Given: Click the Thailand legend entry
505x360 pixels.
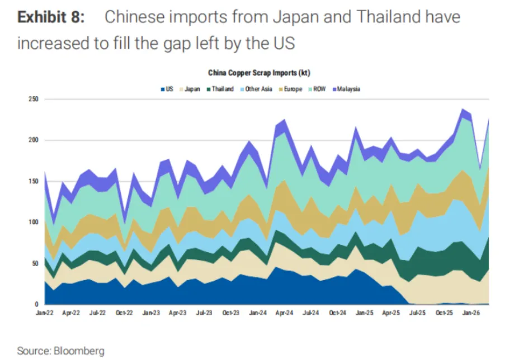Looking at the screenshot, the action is pyautogui.click(x=220, y=89).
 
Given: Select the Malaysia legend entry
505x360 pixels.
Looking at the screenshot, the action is pyautogui.click(x=346, y=89).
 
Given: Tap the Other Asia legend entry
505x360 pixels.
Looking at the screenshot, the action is pyautogui.click(x=256, y=89).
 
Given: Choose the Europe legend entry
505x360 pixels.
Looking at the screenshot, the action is pyautogui.click(x=290, y=89).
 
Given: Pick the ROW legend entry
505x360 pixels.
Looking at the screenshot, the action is pyautogui.click(x=317, y=89).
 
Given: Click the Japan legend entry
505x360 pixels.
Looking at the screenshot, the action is pyautogui.click(x=190, y=89).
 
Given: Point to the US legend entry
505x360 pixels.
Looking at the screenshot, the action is pyautogui.click(x=167, y=89).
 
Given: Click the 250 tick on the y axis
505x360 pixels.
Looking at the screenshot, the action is pyautogui.click(x=34, y=99).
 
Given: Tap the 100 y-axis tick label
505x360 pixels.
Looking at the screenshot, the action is pyautogui.click(x=34, y=222).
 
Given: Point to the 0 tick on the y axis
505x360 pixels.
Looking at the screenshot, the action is pyautogui.click(x=36, y=304).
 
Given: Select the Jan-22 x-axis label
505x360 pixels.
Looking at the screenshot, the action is pyautogui.click(x=44, y=312).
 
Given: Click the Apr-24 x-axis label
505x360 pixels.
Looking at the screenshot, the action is pyautogui.click(x=285, y=312).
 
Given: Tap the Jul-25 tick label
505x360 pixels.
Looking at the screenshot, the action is pyautogui.click(x=417, y=312).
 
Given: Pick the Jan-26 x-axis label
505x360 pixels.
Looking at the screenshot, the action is pyautogui.click(x=471, y=312).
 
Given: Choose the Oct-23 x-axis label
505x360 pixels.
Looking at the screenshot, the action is pyautogui.click(x=231, y=312).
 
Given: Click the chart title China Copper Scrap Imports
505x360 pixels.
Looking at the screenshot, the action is pyautogui.click(x=259, y=73).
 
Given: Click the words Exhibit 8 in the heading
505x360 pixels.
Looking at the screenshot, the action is pyautogui.click(x=51, y=17).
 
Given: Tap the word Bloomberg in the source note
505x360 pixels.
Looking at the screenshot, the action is pyautogui.click(x=79, y=350).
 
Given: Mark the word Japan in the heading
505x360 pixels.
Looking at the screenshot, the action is pyautogui.click(x=296, y=18).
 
